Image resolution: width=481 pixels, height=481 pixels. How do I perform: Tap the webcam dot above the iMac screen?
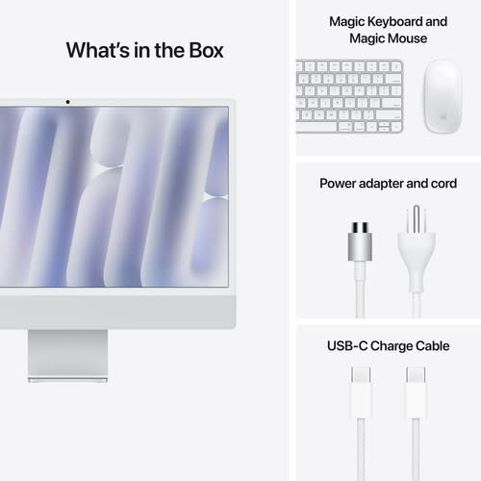click(x=67, y=101)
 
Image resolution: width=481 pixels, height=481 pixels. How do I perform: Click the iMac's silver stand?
click(x=67, y=354)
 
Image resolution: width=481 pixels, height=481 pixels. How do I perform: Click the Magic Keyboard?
click(x=349, y=95)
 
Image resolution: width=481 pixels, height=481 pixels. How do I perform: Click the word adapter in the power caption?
click(x=384, y=182)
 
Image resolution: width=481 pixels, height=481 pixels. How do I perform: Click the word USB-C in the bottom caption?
click(x=343, y=345)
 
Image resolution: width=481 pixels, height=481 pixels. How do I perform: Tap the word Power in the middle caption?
click(x=339, y=182)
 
